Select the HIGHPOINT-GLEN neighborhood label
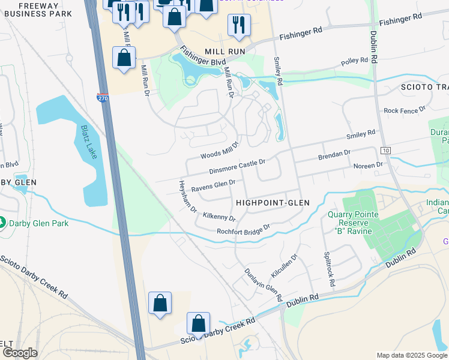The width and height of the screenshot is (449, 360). (273, 203)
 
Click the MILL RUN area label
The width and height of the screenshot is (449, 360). (225, 52)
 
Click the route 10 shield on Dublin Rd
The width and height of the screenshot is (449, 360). (385, 149)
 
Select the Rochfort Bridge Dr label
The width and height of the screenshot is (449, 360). (244, 229)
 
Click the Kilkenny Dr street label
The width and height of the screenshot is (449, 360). (219, 215)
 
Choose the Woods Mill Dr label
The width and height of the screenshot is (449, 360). (220, 150)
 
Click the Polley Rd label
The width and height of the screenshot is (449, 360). (354, 61)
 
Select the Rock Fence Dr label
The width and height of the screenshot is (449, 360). (404, 110)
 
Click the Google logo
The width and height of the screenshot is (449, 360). (19, 353)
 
